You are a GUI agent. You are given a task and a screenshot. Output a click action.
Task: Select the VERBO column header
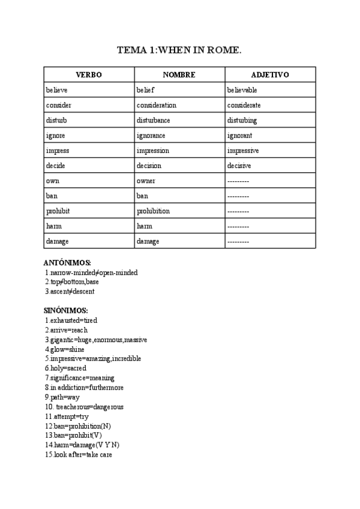click(x=89, y=75)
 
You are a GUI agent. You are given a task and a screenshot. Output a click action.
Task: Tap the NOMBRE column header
click(x=179, y=75)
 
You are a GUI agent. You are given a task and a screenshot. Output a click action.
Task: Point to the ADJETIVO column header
click(x=270, y=75)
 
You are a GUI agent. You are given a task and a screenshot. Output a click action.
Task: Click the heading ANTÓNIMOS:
click(x=67, y=263)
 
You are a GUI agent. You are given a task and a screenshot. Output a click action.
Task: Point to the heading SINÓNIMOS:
click(x=66, y=310)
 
